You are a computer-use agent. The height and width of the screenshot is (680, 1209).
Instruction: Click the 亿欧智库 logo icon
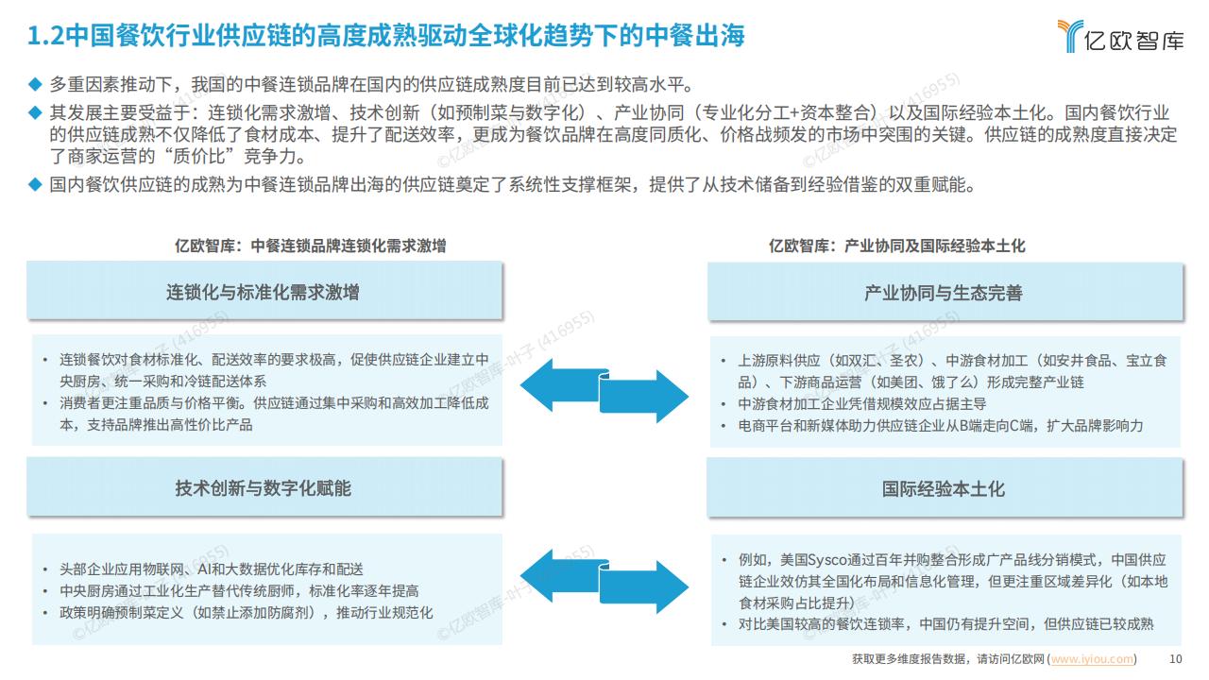point(1069,36)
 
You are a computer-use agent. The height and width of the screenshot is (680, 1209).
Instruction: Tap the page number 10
point(1176,659)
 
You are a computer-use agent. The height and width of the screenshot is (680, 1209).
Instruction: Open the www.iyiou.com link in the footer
point(1093,659)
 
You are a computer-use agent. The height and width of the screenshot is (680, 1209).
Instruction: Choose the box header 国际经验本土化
point(945,488)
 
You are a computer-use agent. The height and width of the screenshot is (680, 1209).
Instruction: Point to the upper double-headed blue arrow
point(604,391)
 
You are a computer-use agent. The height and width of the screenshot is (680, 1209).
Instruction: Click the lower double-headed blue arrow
point(604,582)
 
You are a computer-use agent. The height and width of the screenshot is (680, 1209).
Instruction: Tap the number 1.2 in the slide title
point(45,36)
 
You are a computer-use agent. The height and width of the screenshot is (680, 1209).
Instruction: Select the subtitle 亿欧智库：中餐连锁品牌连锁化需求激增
point(311,246)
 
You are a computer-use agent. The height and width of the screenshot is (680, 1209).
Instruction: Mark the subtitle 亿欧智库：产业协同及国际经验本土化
point(897,246)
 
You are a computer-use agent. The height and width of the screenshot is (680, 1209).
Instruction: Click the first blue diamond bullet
point(35,84)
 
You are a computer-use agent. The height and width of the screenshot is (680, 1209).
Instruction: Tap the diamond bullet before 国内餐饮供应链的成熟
point(35,184)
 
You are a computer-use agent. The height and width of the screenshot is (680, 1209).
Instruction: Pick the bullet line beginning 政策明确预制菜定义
point(247,613)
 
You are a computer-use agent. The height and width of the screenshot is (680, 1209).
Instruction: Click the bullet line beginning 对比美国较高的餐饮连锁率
point(945,624)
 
